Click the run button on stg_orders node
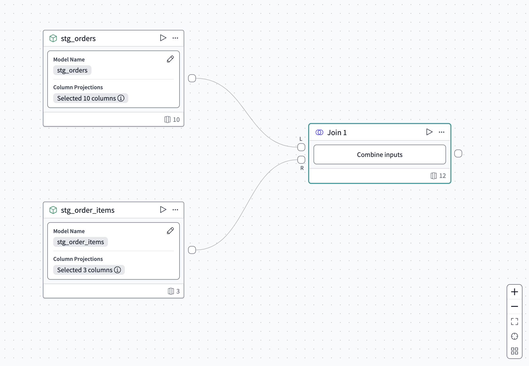coord(163,38)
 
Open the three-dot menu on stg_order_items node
coord(175,210)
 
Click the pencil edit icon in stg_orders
coord(170,59)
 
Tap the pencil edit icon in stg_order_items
coord(170,231)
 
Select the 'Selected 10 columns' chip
coord(90,98)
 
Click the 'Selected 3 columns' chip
coord(89,270)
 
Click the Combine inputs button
coord(379,155)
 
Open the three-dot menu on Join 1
coord(441,132)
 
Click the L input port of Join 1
coord(301,147)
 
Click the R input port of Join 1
coord(301,160)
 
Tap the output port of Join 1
coord(458,154)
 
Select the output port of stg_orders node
coord(192,78)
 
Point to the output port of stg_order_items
coord(192,250)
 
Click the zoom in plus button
coord(514,292)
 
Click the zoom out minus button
coord(514,307)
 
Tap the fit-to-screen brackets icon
coord(514,321)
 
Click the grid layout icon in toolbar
coord(514,351)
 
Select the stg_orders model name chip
coord(72,70)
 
